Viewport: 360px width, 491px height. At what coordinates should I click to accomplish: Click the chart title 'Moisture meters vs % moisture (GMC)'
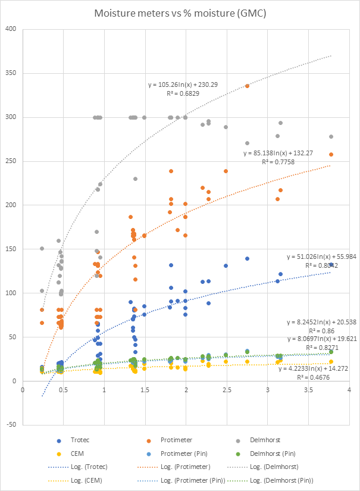tap(180, 12)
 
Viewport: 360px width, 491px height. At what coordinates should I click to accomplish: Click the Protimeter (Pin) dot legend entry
tap(205, 454)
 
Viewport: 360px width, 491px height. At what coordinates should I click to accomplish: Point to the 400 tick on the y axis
tap(11, 29)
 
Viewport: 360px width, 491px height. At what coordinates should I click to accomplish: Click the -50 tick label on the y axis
tap(11, 425)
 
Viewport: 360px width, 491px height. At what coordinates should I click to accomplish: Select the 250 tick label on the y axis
tap(11, 161)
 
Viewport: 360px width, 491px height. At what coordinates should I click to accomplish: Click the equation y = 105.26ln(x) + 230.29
tap(183, 85)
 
